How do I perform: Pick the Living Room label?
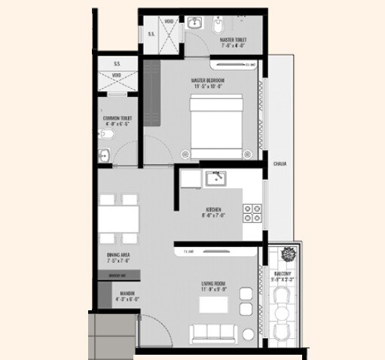coord(215,286)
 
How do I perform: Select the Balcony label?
coord(286,276)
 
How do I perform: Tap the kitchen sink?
coord(217,179)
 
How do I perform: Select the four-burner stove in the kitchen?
coord(252,213)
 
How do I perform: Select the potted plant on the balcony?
coord(286,252)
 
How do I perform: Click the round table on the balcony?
coord(283,312)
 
